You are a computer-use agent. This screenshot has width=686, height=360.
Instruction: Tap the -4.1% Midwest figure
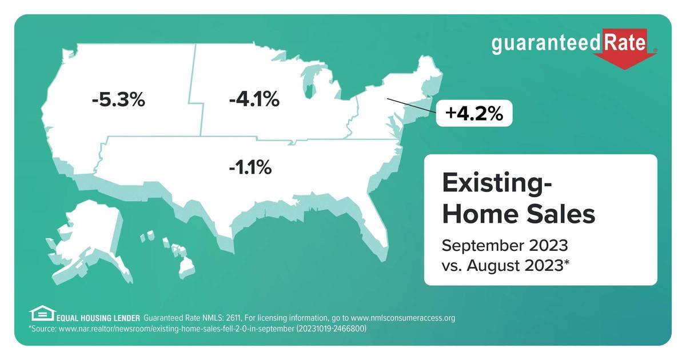coord(254,100)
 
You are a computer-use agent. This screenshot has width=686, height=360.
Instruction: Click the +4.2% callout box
coord(474,113)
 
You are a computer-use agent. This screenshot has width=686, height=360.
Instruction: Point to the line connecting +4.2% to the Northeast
coord(410,106)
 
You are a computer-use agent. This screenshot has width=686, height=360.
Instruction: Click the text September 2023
coord(505,246)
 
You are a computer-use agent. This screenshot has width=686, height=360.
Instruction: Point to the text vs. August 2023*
coord(506,266)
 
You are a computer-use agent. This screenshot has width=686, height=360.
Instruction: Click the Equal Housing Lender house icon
coord(41,313)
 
